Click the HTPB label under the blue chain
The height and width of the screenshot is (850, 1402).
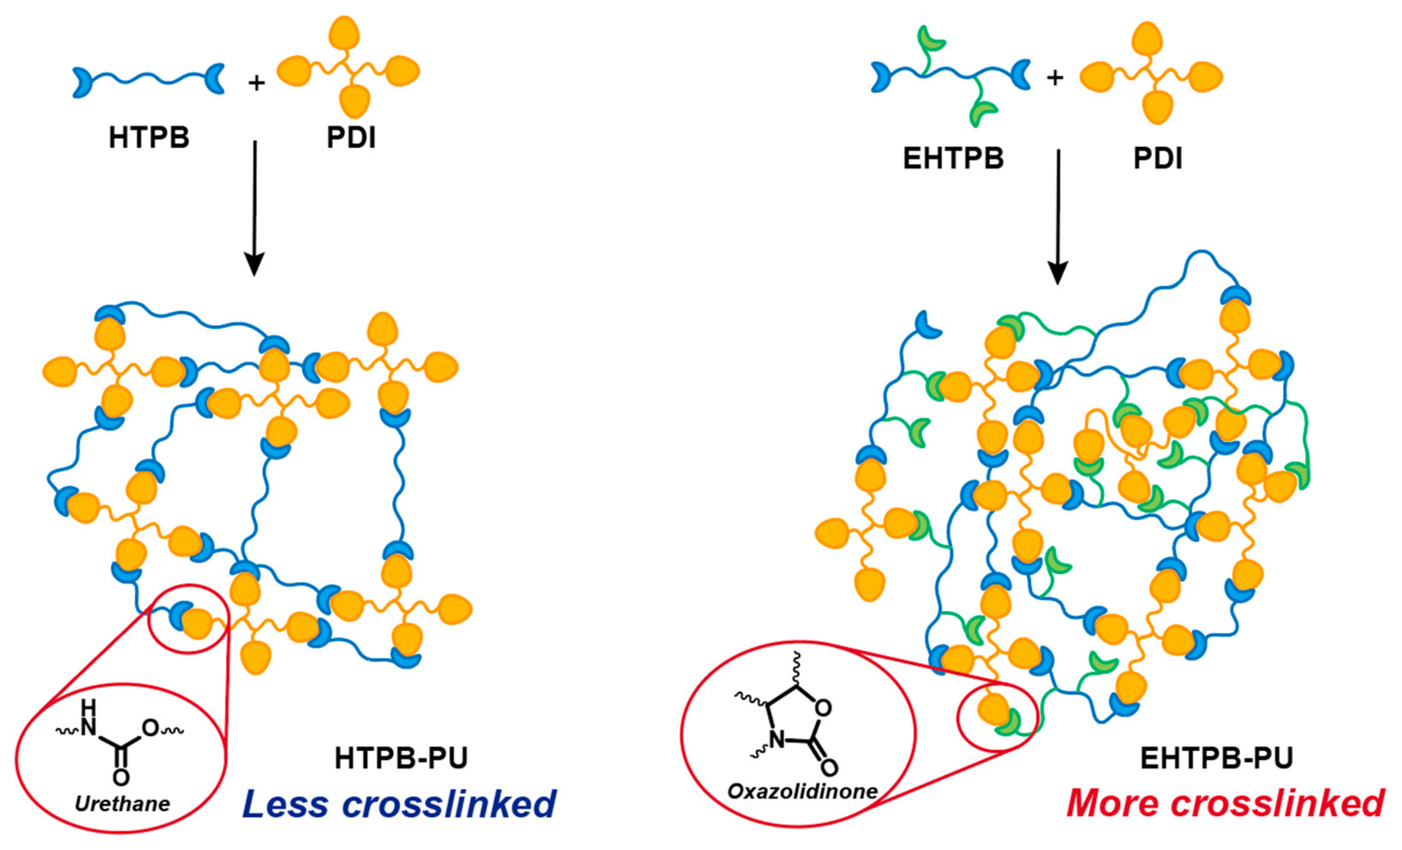point(149,138)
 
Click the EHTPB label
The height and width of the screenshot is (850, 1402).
point(953,158)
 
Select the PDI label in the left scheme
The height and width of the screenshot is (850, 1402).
point(351,138)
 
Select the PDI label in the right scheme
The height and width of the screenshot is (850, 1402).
point(1158,158)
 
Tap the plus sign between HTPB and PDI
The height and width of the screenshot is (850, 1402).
point(257,83)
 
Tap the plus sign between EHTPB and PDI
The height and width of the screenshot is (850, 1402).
point(1055,77)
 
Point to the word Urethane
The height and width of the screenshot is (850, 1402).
point(122,804)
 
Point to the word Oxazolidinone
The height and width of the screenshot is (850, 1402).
point(802,791)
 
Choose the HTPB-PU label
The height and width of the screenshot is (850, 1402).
point(401,758)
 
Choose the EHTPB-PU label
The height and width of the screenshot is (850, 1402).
point(1217,758)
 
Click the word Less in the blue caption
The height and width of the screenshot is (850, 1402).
point(285,804)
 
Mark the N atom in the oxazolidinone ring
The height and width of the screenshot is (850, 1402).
point(777,740)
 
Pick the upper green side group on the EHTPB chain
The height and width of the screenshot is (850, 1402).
point(930,40)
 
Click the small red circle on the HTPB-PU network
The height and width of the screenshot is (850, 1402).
point(189,619)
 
